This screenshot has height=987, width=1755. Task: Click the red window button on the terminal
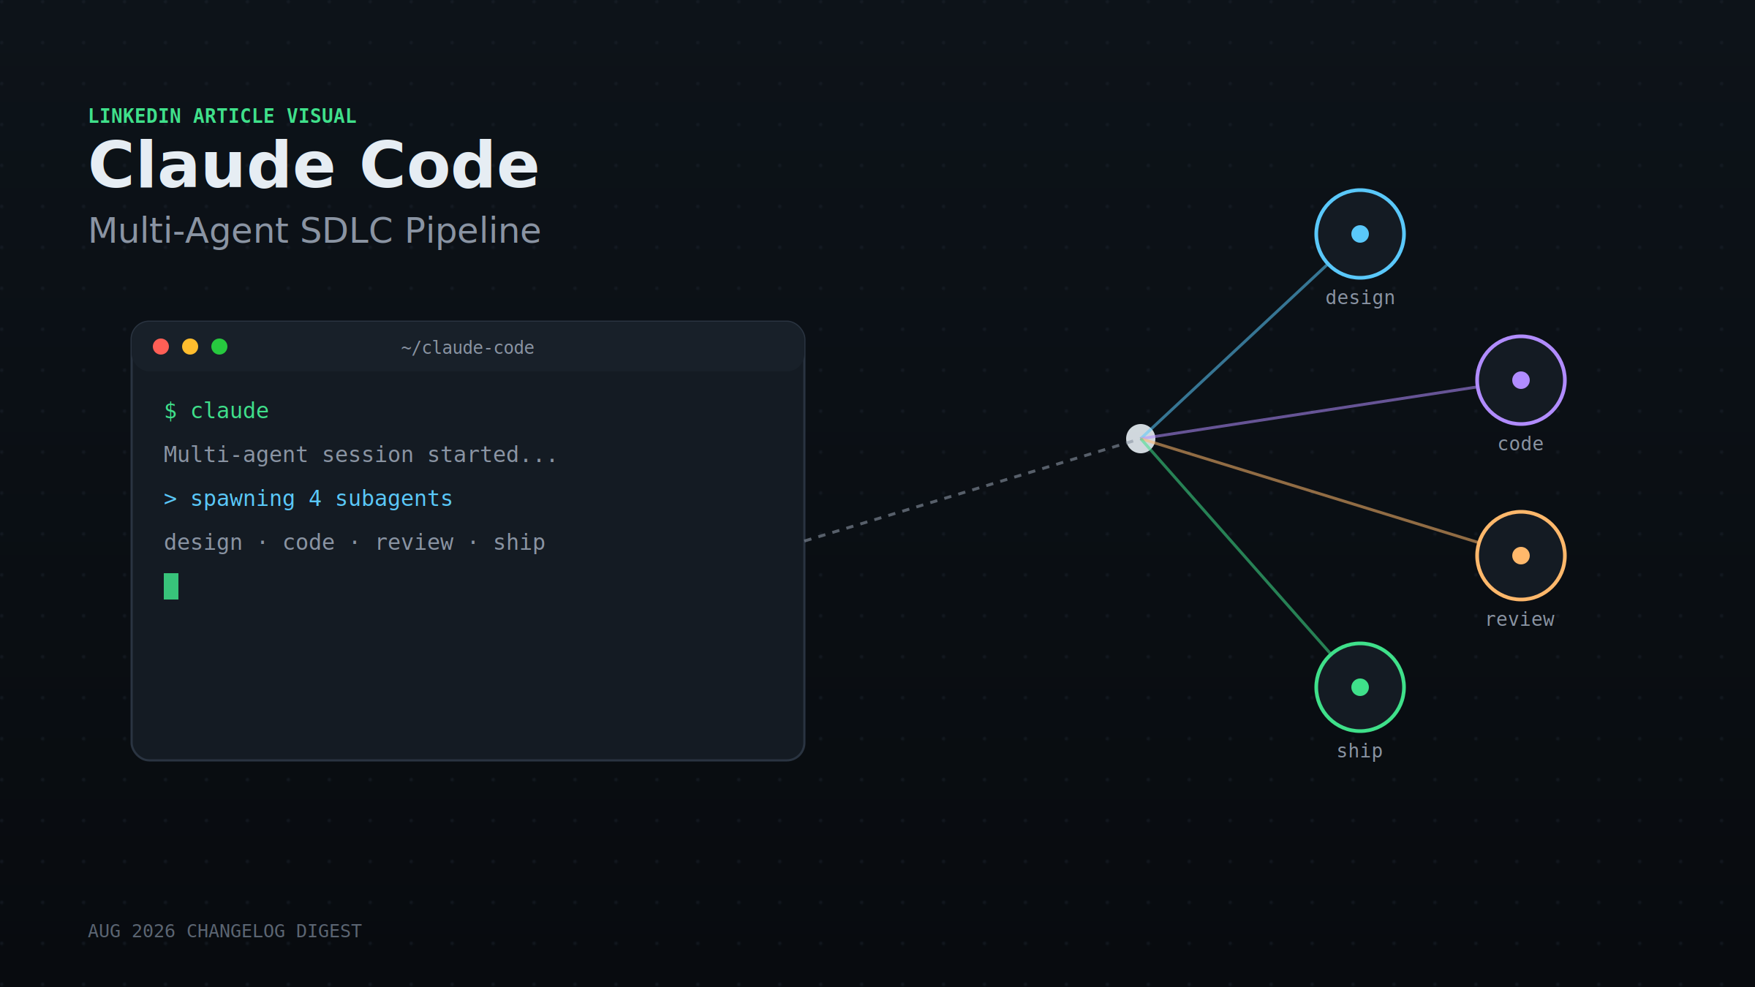[x=161, y=347]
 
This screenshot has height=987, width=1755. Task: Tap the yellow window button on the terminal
[x=190, y=347]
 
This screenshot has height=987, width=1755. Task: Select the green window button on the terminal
[x=219, y=347]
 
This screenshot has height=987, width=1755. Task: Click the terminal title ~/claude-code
[x=468, y=348]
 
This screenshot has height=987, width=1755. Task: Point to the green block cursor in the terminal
[x=171, y=586]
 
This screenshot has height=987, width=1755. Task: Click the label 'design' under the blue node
[x=1360, y=298]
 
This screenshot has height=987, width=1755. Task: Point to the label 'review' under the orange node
[x=1520, y=620]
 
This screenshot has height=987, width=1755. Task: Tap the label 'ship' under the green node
[x=1360, y=752]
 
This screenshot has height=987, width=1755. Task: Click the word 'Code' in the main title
[x=449, y=166]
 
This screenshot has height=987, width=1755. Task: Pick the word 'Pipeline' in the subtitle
[x=473, y=231]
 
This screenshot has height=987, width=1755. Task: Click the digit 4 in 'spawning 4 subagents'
[x=315, y=499]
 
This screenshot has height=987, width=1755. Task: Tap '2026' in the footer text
[x=154, y=931]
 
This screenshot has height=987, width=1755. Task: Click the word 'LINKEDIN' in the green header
[x=135, y=116]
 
